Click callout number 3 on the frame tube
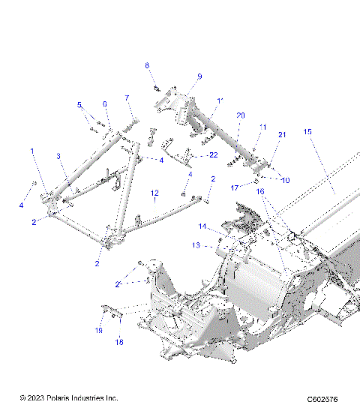(57, 156)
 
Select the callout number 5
(79, 105)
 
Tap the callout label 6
(105, 104)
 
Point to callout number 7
(127, 98)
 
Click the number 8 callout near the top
(147, 66)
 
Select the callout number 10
(285, 181)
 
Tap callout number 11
(263, 127)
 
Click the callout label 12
(154, 193)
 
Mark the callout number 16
(260, 192)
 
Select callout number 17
(234, 187)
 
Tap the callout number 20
(240, 115)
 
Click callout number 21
(282, 134)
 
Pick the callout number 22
(213, 155)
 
